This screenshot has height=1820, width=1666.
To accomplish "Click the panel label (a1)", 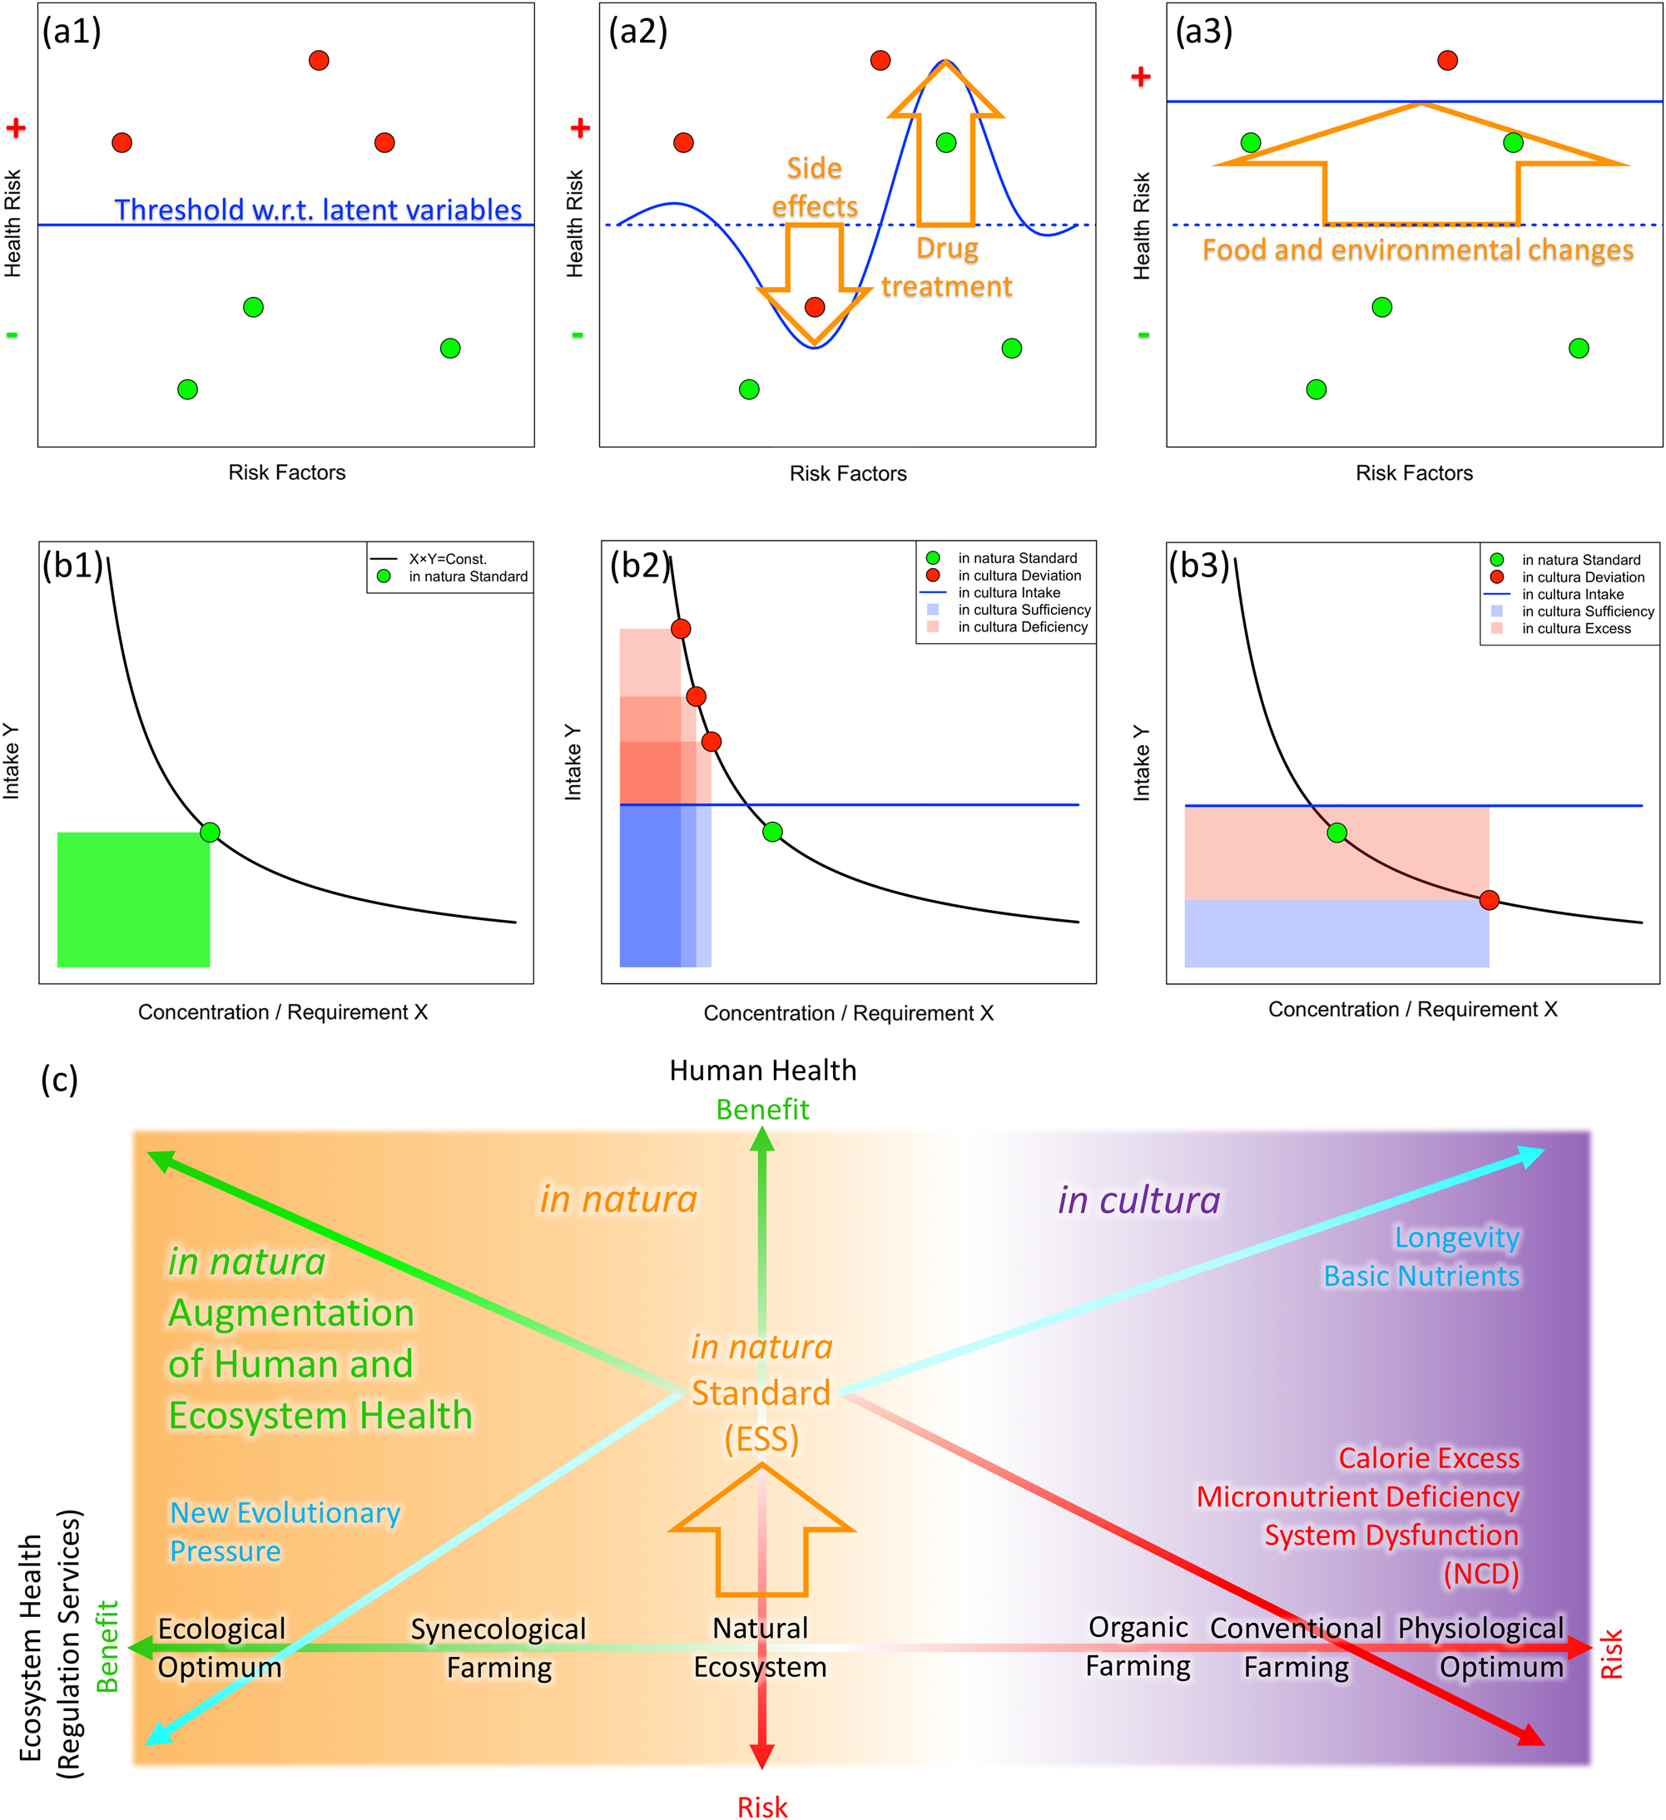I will coord(72,32).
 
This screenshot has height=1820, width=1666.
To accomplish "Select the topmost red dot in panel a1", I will coord(319,61).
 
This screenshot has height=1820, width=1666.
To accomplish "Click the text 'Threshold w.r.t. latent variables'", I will coord(318,210).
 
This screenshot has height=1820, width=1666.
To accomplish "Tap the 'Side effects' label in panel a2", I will coord(815,187).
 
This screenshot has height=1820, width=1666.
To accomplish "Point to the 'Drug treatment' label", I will coord(946,267).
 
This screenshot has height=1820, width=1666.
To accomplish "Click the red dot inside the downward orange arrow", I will coord(815,307).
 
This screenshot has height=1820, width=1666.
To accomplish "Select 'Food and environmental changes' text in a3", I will coord(1418,250).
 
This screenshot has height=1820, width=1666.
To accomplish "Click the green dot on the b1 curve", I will coord(210,833).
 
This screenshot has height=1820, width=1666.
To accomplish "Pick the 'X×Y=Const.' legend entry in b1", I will coord(447,559).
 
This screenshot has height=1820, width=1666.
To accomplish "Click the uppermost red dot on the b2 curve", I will coord(681,628).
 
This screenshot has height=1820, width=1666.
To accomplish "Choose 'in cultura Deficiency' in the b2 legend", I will coord(1022,626).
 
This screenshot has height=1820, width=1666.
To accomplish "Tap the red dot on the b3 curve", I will coord(1489,900).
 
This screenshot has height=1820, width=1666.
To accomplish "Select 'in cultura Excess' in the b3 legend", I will coord(1575,628).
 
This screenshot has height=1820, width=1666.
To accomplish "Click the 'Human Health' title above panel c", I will coord(762,1071).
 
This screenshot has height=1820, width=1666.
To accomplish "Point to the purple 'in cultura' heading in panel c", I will coord(1138,1199).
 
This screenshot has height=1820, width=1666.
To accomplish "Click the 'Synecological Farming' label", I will coord(498,1648).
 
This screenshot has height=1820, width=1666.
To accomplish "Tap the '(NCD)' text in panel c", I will coord(1481,1574).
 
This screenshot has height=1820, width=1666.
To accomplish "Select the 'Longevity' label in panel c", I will coord(1456,1237).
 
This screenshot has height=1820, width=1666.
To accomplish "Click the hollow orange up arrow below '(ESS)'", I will coord(761,1535).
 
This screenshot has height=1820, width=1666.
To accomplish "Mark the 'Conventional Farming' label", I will coord(1295,1648).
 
